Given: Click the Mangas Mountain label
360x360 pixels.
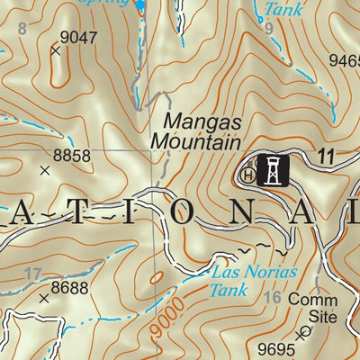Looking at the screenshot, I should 195,130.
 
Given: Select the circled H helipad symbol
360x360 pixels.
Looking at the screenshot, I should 248,175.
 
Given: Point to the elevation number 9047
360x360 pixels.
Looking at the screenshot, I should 78,38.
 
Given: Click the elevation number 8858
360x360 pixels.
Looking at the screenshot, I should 72,156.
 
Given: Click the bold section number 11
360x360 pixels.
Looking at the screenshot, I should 325,158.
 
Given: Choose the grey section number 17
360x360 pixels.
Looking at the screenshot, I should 32,274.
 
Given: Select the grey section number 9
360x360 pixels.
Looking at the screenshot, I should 268,29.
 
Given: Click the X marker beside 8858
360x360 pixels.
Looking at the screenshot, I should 44,169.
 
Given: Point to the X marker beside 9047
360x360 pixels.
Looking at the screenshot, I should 55,51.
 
